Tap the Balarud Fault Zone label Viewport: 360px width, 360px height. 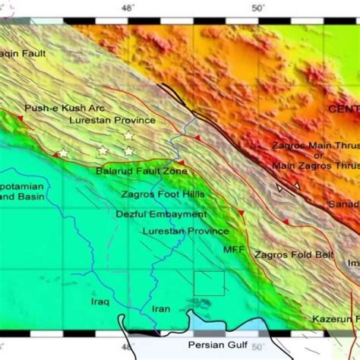tap(141, 172)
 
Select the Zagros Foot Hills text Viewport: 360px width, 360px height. tap(163, 194)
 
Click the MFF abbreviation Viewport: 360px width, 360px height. tap(233, 248)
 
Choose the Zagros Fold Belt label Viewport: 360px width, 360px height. tap(294, 255)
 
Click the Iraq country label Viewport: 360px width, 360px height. tap(100, 302)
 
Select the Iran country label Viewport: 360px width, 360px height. tap(162, 309)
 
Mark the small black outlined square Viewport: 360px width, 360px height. tap(209, 283)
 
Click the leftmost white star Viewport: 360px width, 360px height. tap(63, 153)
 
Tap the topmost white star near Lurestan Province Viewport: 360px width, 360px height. tap(128, 135)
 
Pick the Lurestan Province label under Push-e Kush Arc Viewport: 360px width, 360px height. tap(112, 121)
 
